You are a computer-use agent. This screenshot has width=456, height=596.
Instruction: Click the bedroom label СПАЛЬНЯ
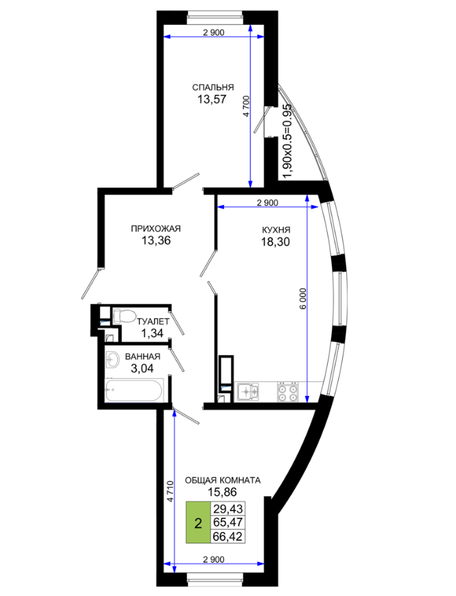213,87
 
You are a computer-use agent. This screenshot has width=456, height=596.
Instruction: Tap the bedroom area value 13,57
212,99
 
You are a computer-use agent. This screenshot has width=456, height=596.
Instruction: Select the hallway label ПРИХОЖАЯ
156,229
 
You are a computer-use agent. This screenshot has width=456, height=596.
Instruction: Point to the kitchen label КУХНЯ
276,230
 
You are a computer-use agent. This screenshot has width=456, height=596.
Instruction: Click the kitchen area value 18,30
276,241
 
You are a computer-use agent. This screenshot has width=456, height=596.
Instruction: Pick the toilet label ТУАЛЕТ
153,322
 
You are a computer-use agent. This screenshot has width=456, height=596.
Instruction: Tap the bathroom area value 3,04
142,368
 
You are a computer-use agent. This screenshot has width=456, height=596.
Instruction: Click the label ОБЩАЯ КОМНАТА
223,481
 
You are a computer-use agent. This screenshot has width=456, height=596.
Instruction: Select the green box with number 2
198,523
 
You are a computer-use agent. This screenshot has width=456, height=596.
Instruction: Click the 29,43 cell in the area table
228,509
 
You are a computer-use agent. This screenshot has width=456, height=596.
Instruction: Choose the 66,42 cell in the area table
228,536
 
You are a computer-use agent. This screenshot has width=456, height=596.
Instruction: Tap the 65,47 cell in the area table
228,522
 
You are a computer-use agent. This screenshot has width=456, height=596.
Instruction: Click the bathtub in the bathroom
135,390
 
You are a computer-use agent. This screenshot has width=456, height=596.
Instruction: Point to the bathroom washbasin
113,359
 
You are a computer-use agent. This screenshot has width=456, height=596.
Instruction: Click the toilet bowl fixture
124,315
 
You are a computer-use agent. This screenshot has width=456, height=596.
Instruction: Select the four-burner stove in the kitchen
288,392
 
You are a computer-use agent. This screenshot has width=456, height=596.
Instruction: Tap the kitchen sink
248,392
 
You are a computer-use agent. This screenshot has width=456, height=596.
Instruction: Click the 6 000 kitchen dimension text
303,299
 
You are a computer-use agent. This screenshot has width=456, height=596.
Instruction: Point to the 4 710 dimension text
171,492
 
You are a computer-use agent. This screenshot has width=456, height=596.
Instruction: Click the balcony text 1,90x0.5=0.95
288,141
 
